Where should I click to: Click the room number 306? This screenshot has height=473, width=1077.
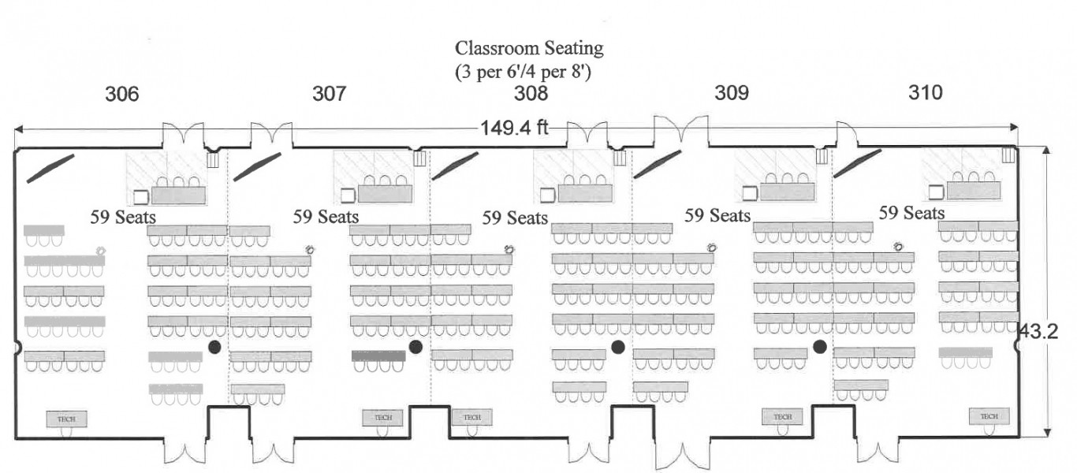point(122,95)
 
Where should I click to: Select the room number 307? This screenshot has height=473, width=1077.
point(329,95)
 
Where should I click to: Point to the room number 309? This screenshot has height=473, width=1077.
point(732,93)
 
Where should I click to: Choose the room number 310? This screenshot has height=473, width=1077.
point(925,93)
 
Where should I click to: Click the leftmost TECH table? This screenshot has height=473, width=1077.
point(66,419)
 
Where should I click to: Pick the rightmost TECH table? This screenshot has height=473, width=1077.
point(989,416)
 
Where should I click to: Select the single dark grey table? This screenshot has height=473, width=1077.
point(378,356)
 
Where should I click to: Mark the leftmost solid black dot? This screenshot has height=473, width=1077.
point(214,347)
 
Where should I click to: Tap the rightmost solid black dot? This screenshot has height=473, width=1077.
point(820,346)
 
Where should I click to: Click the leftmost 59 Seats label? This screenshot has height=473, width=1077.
point(122,216)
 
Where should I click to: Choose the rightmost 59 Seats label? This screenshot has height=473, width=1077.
point(912,213)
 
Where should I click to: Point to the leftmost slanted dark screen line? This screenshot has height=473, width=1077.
point(50,169)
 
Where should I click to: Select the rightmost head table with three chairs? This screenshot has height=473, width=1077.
point(974,190)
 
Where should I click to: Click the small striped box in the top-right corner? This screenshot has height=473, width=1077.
point(1008,155)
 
